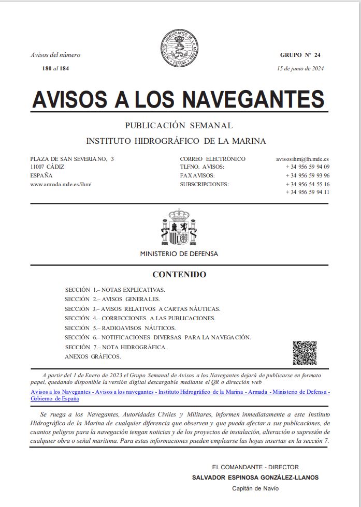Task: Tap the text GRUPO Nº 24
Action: point(300,55)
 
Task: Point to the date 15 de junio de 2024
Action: point(300,68)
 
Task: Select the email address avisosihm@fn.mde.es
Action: point(303,159)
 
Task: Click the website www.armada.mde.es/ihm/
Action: point(61,184)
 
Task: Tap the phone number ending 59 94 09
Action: point(307,167)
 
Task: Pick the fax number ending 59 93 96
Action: point(307,175)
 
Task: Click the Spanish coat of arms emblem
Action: point(179,228)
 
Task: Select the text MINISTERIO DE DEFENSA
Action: point(179,254)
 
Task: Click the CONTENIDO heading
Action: point(179,275)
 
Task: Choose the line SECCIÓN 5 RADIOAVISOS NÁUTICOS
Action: point(120,328)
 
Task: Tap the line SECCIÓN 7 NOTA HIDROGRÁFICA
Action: point(115,347)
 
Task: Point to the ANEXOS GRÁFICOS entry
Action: point(93,356)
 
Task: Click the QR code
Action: point(305,353)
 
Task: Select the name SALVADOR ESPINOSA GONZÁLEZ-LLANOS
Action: point(255,478)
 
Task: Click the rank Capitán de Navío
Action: point(255,488)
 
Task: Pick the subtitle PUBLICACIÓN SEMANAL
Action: point(179,126)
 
